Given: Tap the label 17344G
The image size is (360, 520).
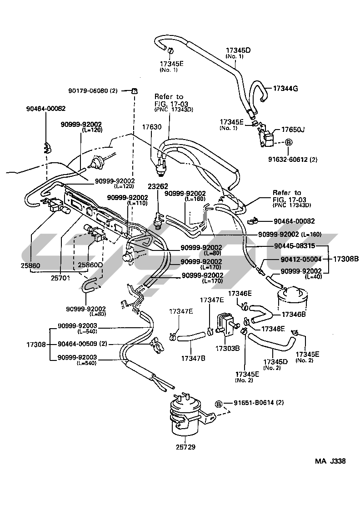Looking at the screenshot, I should [x=286, y=88].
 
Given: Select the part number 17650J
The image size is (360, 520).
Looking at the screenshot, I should [x=293, y=130].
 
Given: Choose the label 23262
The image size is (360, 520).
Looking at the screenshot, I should [x=157, y=186].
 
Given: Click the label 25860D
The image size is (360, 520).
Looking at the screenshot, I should [x=90, y=265].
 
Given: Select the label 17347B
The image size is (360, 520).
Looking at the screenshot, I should [x=194, y=358].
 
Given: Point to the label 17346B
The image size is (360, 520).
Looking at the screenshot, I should [x=294, y=314].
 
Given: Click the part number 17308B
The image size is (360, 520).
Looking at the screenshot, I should [x=346, y=259].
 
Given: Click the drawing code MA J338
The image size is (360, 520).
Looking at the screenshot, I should [x=330, y=461].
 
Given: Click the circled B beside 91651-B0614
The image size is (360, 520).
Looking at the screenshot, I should [x=219, y=403].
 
